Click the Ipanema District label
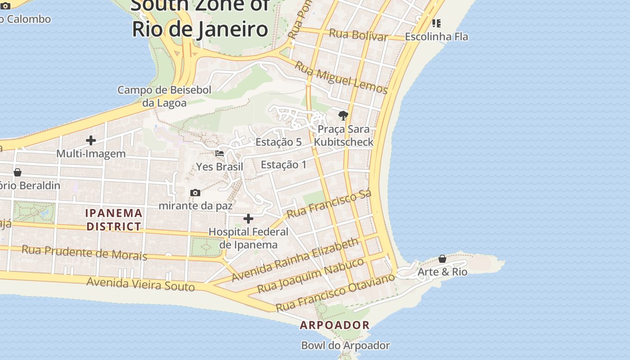click(x=114, y=220)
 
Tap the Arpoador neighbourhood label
click(x=335, y=325)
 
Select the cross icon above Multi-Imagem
click(x=91, y=141)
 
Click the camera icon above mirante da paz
click(x=195, y=193)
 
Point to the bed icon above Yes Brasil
click(x=220, y=153)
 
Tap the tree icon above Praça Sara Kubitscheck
click(x=343, y=116)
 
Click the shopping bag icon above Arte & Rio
click(x=442, y=259)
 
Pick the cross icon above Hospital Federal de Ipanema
click(x=248, y=219)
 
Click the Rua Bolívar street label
click(x=358, y=35)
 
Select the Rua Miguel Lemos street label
click(x=341, y=78)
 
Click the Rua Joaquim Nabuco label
click(x=310, y=275)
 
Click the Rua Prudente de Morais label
click(x=85, y=252)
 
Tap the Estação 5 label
click(x=279, y=142)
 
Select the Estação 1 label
click(x=283, y=165)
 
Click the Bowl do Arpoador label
click(x=345, y=346)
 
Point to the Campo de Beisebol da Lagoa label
click(x=164, y=96)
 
